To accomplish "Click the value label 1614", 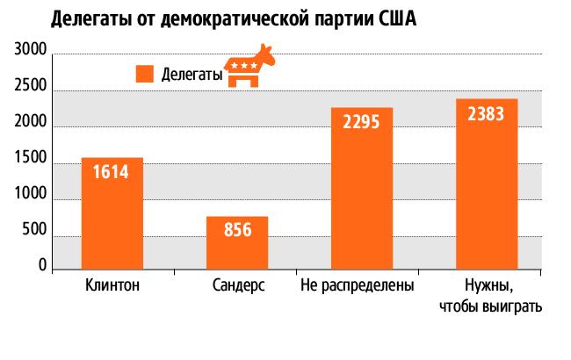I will [112, 172].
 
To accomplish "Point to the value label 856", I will [237, 231].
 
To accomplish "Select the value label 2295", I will [362, 122].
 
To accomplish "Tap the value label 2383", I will [487, 113].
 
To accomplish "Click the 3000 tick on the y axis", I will [30, 54].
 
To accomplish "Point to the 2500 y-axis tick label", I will [30, 90].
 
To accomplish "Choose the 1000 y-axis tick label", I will [30, 200].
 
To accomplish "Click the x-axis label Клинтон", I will [112, 286].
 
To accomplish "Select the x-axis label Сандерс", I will [238, 286].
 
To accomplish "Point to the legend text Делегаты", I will [192, 75].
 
